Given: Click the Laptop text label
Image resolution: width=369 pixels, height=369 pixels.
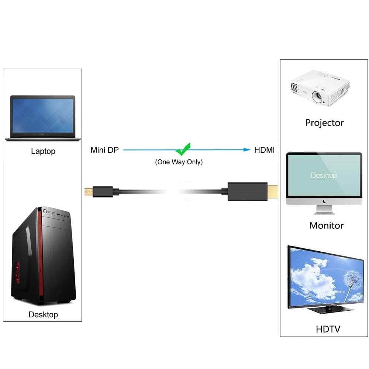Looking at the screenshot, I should (43, 151).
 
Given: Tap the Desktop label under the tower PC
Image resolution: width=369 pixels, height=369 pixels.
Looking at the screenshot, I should (43, 315).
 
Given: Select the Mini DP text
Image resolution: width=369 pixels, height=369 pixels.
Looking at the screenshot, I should (105, 150).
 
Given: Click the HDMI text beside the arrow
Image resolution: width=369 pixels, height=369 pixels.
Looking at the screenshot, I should (264, 150).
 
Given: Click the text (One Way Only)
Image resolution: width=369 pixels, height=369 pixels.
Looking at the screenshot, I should (179, 162).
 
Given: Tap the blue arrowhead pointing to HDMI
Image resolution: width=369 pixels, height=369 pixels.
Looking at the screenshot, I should (247, 150).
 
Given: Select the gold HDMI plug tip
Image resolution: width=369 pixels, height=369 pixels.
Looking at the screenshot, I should (273, 191).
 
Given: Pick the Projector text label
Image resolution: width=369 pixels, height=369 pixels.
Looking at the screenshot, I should (324, 123).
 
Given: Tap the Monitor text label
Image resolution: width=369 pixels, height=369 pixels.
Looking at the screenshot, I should (326, 225).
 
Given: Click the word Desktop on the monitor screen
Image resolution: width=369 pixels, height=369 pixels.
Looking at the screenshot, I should (324, 176).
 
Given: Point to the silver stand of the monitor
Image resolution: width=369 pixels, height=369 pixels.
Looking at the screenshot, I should (324, 209).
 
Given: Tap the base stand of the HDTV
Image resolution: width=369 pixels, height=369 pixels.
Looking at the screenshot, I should (325, 309).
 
